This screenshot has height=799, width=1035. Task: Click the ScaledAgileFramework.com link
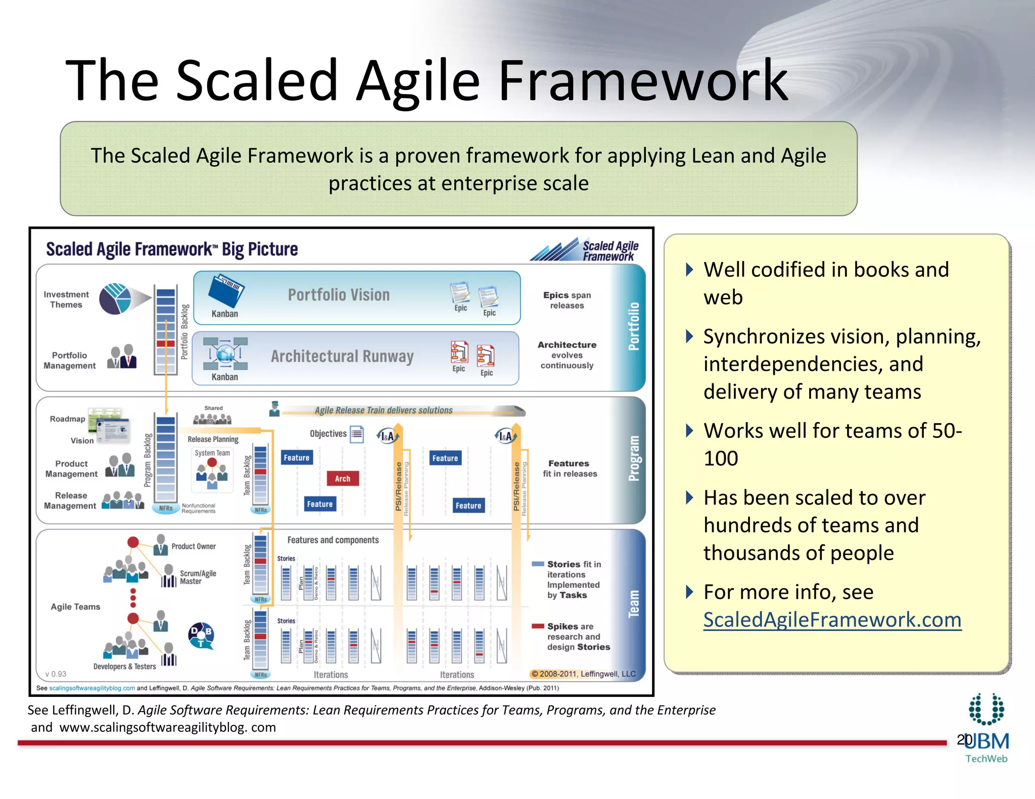[832, 620]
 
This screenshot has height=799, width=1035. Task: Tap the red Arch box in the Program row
[342, 478]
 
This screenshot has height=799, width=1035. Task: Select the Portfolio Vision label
[339, 295]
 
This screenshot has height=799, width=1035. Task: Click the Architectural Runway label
[342, 357]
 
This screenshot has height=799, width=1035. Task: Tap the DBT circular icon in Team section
[201, 635]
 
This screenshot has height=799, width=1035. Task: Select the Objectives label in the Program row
[328, 433]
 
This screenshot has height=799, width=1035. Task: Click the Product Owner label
[193, 546]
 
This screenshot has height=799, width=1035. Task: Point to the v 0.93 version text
[56, 674]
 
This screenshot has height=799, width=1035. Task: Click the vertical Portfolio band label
[634, 326]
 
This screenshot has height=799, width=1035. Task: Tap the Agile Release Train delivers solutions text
[383, 410]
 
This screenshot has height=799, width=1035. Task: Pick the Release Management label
[70, 501]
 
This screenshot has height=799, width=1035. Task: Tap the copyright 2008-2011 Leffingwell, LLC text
[583, 674]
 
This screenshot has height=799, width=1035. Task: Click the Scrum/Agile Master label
[198, 577]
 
